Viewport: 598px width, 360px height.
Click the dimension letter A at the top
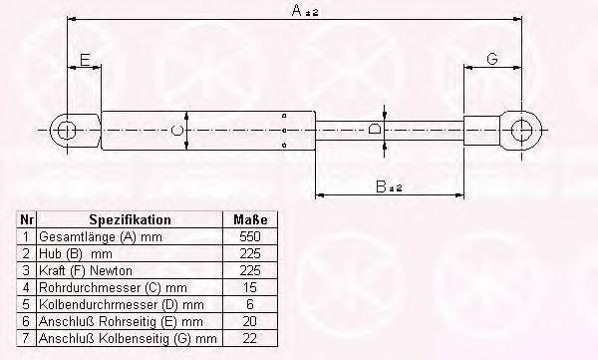(297, 10)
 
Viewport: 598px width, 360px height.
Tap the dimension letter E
(85, 60)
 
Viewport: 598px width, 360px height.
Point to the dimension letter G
(492, 59)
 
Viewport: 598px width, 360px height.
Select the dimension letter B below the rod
(381, 187)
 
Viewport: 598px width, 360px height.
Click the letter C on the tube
(177, 131)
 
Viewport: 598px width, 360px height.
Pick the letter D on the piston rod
(375, 129)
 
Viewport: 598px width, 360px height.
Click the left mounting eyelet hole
(67, 131)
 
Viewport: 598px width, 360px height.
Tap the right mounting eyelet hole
(521, 131)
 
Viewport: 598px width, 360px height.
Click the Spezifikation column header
(130, 220)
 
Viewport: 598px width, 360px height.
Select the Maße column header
(250, 220)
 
